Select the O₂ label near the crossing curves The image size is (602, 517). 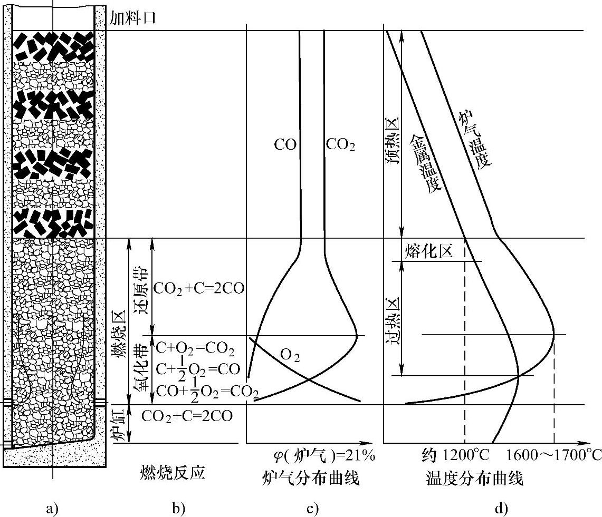pos(290,357)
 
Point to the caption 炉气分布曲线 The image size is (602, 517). pos(311,479)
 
